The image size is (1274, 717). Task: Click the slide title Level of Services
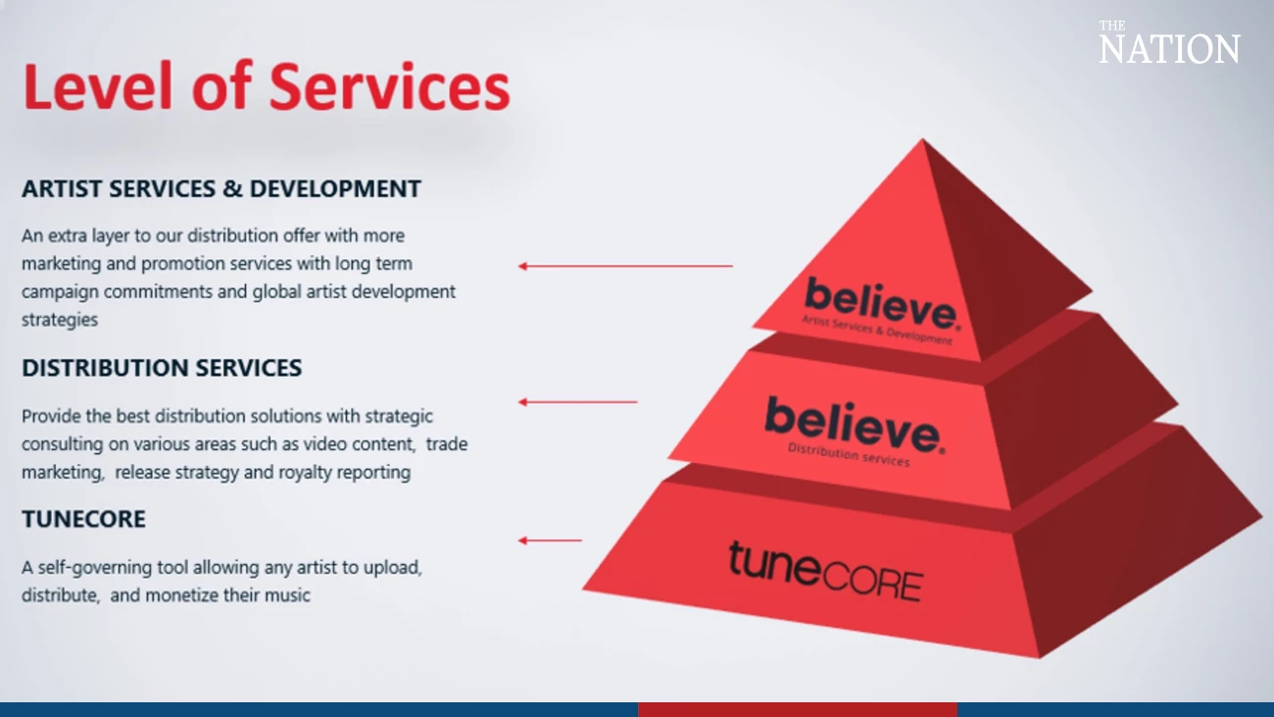[x=266, y=86]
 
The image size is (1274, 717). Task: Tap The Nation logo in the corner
[x=1168, y=44]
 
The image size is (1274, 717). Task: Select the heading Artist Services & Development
[x=221, y=188]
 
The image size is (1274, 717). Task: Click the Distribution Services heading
[x=162, y=368]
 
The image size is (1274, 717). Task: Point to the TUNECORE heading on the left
[x=83, y=520]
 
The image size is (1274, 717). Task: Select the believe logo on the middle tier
[x=854, y=424]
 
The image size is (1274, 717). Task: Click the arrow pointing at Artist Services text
[x=625, y=266]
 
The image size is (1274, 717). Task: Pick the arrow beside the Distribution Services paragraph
[x=577, y=402]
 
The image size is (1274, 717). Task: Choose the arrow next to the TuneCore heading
[x=550, y=540]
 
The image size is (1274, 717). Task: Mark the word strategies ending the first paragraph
[x=60, y=320]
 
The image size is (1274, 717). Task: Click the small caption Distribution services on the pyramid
[x=848, y=455]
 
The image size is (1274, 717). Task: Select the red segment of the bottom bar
[x=797, y=709]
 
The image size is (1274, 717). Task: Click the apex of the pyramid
[x=922, y=143]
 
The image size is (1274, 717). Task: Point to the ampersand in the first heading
[x=232, y=188]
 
